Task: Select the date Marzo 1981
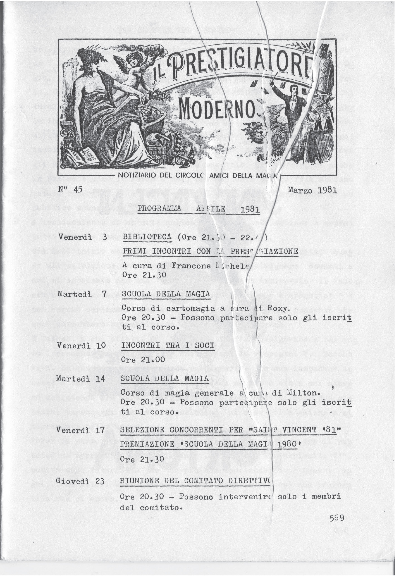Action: pos(312,191)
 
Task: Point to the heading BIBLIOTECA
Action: pos(147,237)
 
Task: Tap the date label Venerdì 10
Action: pos(81,346)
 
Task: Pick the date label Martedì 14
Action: pos(80,379)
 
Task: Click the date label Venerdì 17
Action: pos(80,430)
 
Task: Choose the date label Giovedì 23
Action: pos(80,481)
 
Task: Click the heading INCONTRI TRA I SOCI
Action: pos(168,346)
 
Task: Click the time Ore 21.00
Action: pos(143,360)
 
